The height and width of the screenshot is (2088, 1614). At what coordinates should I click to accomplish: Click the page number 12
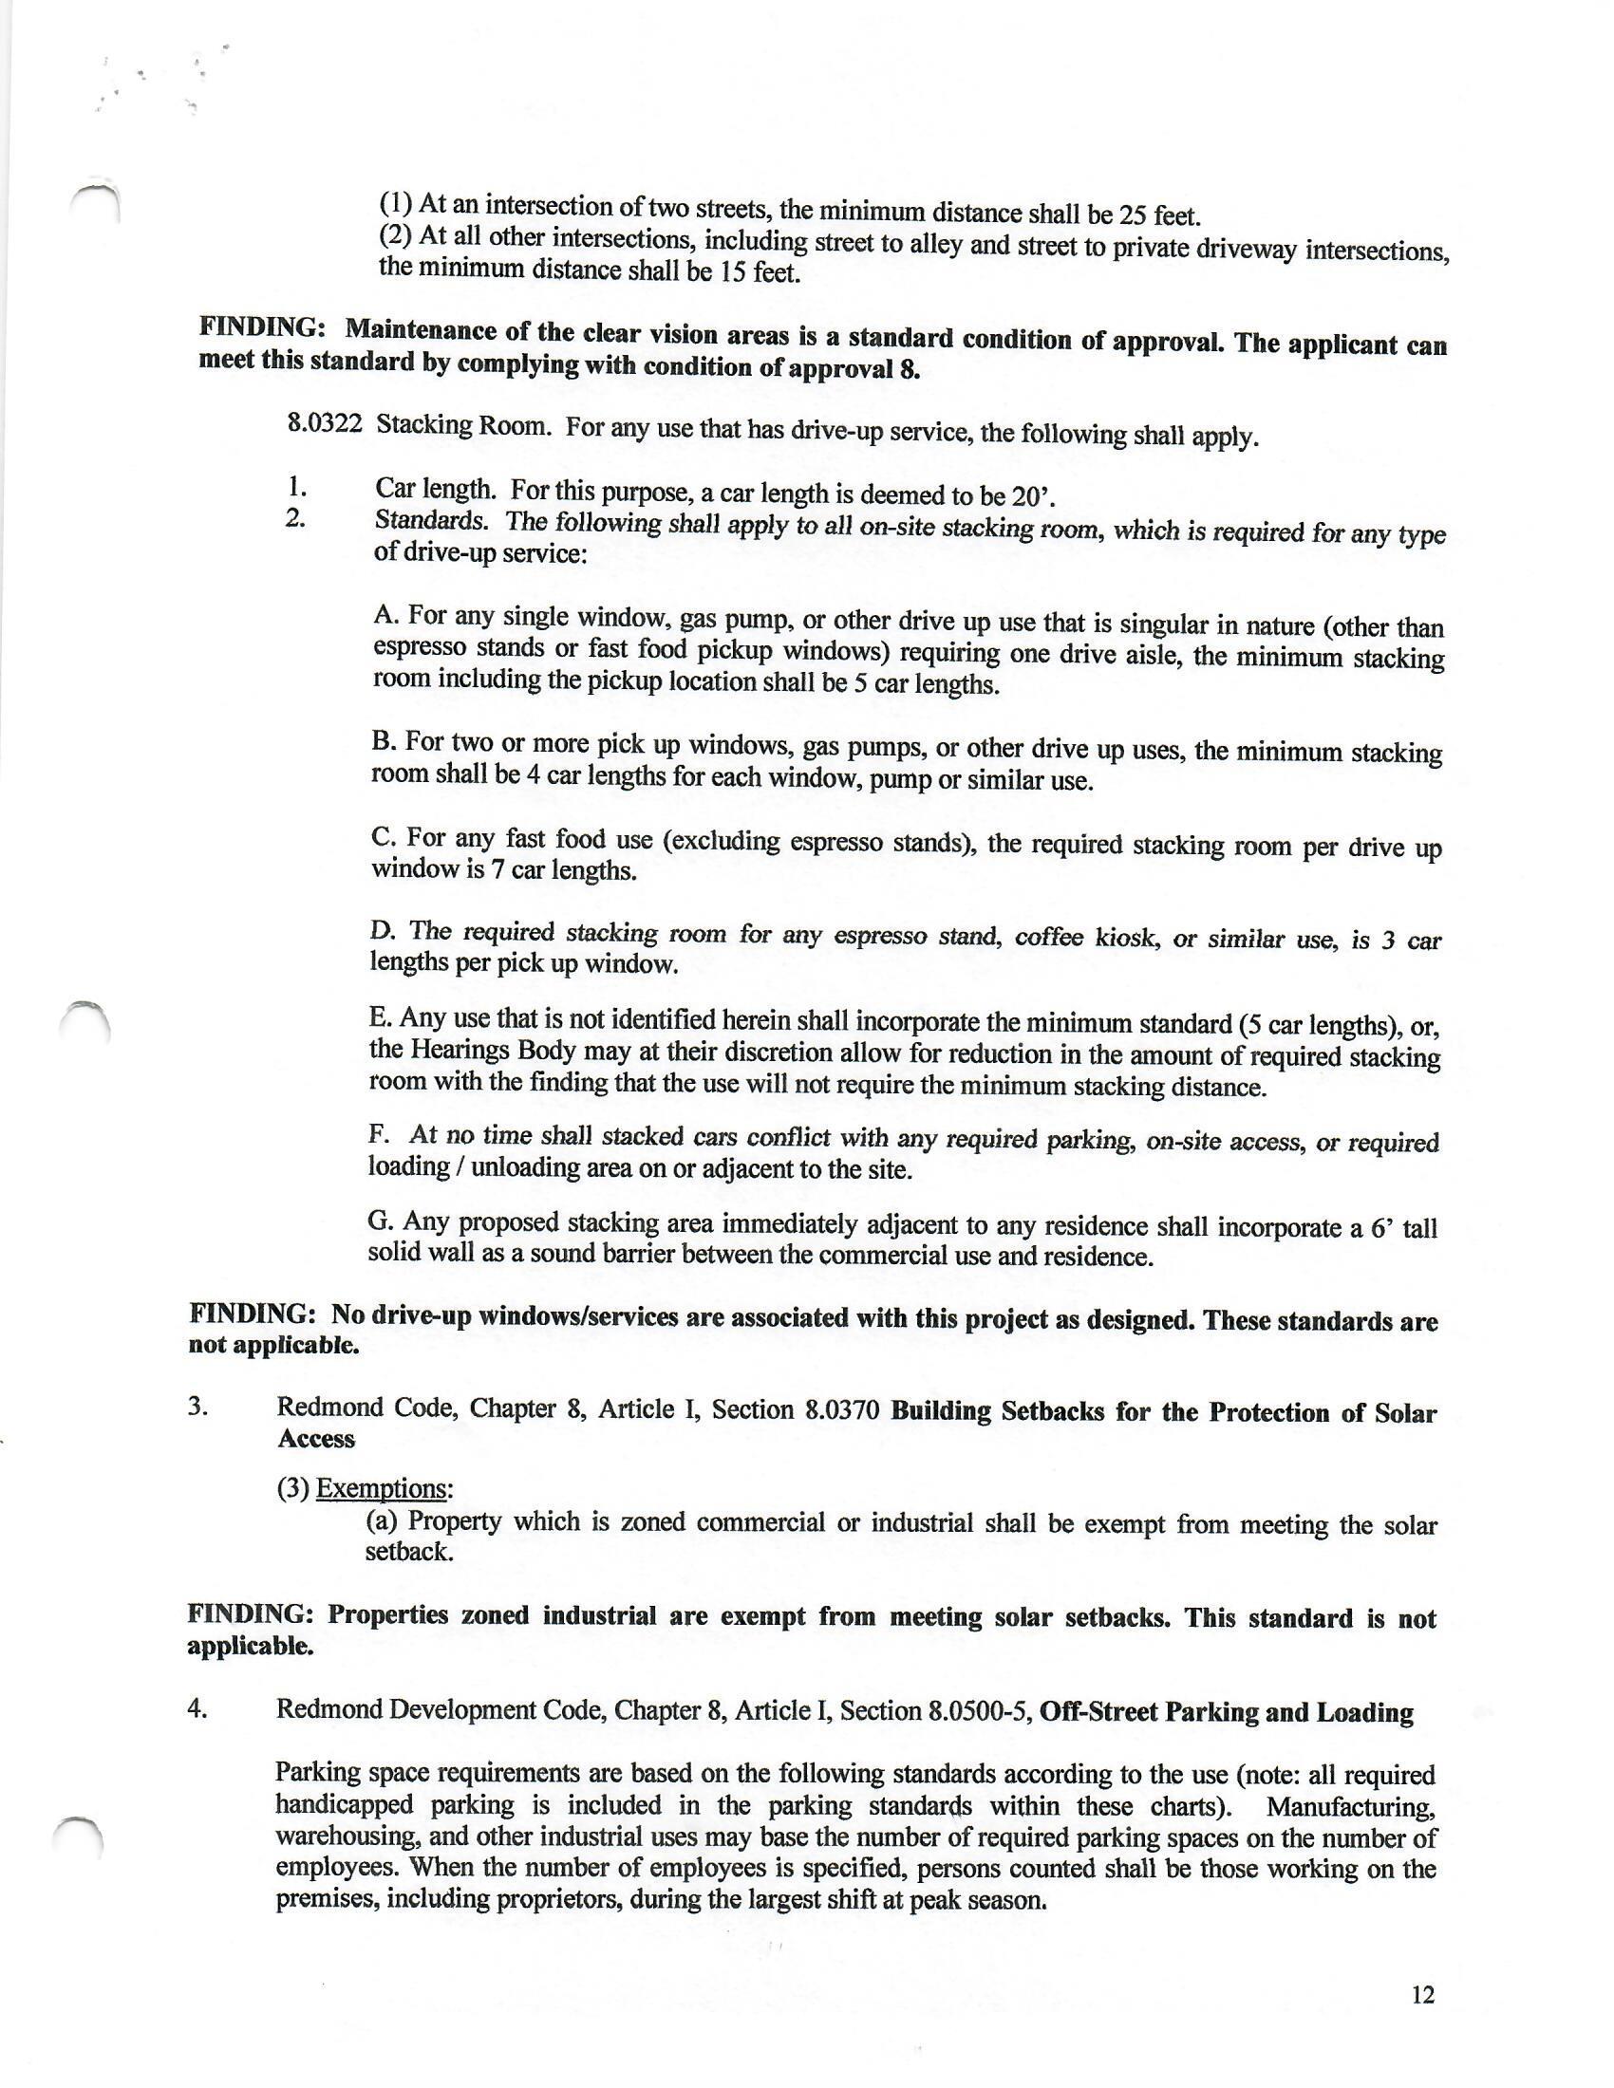[x=1423, y=1996]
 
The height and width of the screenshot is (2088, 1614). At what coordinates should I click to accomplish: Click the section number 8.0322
[x=325, y=422]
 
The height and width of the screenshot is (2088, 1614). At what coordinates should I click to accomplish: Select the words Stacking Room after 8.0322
[x=463, y=424]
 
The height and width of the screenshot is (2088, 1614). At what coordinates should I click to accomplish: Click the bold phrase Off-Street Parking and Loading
[x=1226, y=1711]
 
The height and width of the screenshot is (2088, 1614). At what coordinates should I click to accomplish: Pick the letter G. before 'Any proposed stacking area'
[x=381, y=1221]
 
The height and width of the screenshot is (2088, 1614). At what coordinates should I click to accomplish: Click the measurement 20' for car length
[x=1038, y=496]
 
